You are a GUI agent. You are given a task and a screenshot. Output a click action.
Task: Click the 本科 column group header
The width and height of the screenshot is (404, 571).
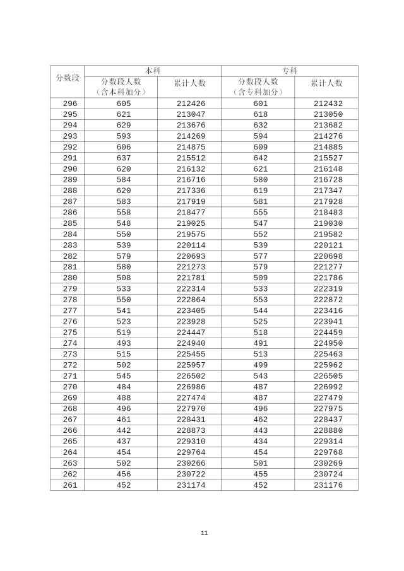pos(153,71)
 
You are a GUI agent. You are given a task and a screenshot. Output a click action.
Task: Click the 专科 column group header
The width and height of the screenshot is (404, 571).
pos(290,71)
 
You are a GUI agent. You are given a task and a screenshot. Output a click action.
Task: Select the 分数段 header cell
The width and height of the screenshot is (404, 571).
pos(68,77)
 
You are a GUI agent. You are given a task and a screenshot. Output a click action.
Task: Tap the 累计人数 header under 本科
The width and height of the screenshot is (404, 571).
pos(189,83)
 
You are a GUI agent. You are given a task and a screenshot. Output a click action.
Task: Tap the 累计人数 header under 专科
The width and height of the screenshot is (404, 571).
pos(326,83)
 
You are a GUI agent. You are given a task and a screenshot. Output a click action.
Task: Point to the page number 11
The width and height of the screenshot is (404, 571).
pos(204,533)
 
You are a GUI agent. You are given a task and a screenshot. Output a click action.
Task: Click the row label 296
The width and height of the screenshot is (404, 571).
pos(70,103)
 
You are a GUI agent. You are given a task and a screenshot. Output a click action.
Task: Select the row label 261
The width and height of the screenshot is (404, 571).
pos(70,485)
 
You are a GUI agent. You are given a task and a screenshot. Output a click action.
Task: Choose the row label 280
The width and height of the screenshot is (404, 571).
pos(70,278)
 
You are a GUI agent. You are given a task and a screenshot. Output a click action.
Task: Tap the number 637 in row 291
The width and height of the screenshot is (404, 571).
pos(124,158)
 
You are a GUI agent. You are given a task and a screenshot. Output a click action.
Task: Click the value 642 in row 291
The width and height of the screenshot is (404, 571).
pos(261,158)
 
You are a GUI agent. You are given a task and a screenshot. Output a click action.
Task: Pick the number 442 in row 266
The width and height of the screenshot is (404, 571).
pos(124,431)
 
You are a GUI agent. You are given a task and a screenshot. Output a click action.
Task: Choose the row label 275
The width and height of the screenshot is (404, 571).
pos(70,333)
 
